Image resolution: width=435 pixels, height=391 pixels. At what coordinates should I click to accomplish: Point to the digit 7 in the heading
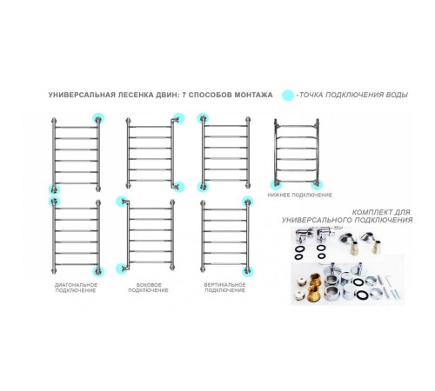[x=184, y=95]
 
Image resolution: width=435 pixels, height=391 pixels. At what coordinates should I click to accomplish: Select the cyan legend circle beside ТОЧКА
[x=288, y=96]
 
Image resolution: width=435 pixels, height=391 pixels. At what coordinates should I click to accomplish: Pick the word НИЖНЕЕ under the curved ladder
[x=278, y=195]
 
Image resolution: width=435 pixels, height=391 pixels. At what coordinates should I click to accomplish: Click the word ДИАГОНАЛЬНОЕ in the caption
[x=76, y=285]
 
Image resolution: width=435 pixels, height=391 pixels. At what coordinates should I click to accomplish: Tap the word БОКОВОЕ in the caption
[x=149, y=285]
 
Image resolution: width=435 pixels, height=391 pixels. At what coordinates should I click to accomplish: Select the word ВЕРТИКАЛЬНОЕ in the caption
[x=224, y=285]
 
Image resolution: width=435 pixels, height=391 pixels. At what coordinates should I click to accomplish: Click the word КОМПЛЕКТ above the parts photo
[x=371, y=212]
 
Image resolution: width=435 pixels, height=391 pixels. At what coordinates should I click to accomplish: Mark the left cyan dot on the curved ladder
[x=276, y=185]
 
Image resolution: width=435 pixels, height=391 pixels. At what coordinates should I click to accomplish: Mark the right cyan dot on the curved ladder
[x=317, y=185]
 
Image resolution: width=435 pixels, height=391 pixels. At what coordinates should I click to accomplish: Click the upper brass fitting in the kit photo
[x=315, y=281]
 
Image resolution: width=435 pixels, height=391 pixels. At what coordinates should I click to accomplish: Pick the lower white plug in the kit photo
[x=299, y=295]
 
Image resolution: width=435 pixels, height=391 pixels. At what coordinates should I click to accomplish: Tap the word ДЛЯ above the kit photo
[x=401, y=212]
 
